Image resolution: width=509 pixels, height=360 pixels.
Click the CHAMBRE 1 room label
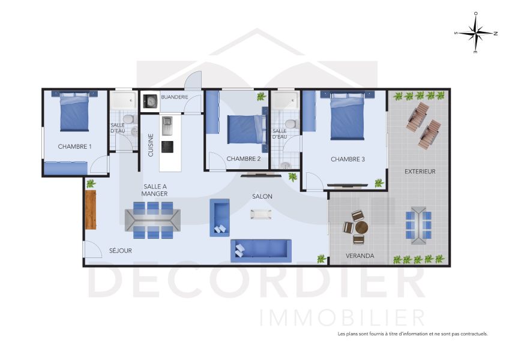point(75,146)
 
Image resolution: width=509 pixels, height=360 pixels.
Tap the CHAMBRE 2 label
point(243,159)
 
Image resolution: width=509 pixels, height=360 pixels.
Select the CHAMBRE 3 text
point(348,159)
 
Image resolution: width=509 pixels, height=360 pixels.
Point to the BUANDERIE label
point(175,97)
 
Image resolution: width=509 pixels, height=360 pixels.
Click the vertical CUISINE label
point(151,145)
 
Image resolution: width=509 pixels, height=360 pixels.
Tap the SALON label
point(262,196)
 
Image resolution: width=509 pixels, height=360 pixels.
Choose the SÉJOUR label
point(120,250)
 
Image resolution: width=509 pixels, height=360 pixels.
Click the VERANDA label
point(360,256)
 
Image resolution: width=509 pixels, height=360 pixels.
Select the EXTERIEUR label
point(420,171)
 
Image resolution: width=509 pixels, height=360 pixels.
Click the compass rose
point(475,33)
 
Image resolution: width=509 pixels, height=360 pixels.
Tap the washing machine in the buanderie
point(150,102)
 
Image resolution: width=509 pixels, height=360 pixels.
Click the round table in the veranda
point(361,228)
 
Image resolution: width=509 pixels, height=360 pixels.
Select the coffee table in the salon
point(261,214)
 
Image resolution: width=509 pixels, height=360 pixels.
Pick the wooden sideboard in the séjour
point(91,209)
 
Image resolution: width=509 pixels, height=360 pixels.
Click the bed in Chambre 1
point(75,111)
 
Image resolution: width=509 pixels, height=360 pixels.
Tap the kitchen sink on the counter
point(167,125)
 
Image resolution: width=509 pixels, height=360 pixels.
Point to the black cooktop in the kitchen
point(167,147)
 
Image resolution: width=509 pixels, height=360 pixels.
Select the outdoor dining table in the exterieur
point(418,225)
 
